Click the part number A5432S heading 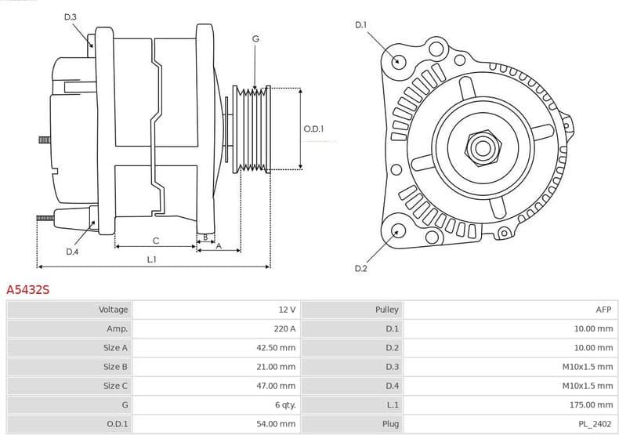[28, 289]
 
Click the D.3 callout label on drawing [71, 16]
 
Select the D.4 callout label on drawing [72, 252]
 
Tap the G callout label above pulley [255, 38]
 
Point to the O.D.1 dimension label [313, 129]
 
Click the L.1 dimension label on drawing [151, 259]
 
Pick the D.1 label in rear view [360, 25]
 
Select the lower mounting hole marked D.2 [397, 230]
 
